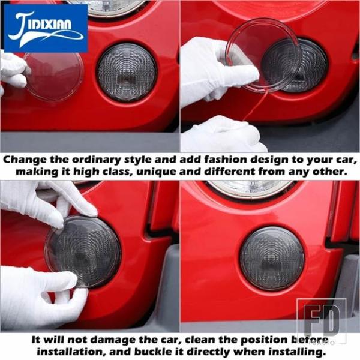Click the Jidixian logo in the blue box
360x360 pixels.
pos(46,28)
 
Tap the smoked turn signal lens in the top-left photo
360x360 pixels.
pos(127,73)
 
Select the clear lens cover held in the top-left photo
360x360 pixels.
pos(53,76)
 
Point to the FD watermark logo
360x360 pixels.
pos(322,320)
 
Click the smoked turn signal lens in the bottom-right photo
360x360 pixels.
pos(272,259)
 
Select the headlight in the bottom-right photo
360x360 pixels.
pos(250,188)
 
